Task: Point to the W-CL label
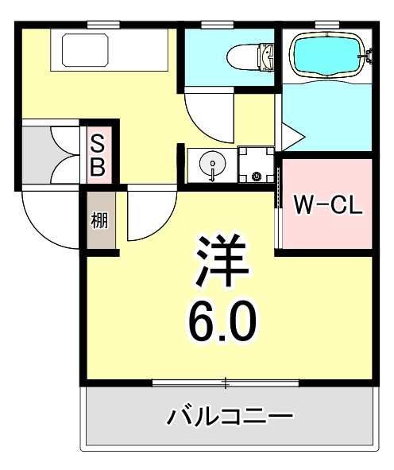coord(328,204)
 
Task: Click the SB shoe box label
coord(98,155)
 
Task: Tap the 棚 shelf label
coord(99,220)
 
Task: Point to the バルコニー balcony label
coord(230,415)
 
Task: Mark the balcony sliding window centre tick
coord(226,384)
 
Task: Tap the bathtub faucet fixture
coord(366,55)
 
